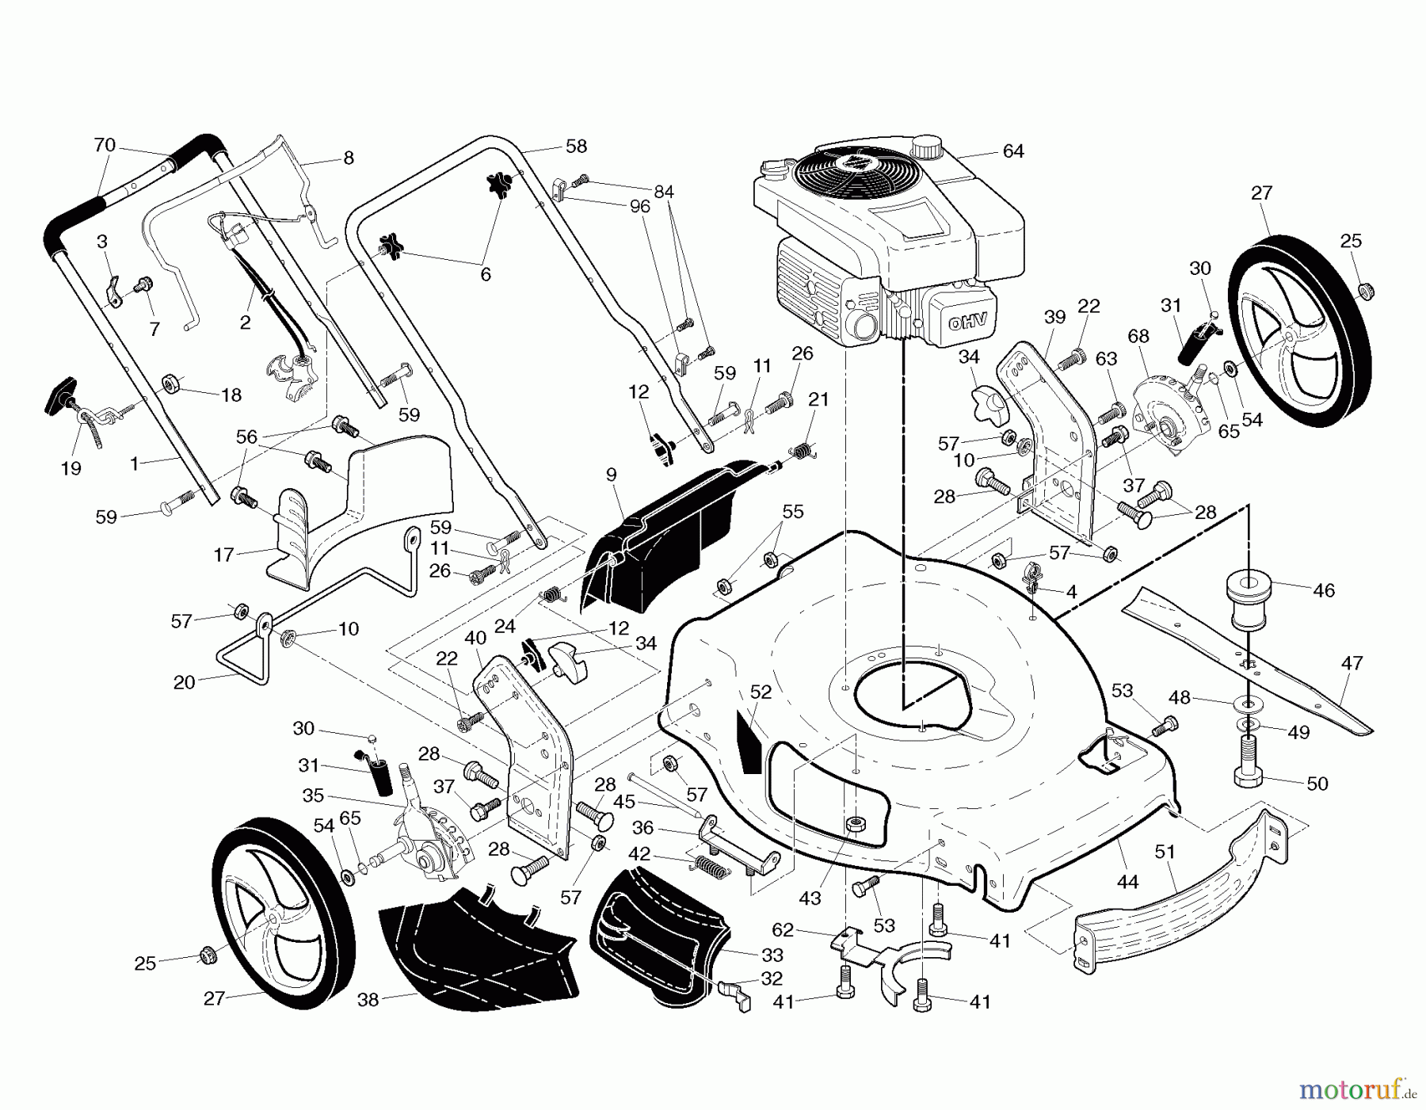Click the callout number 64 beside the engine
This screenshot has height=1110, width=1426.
(x=1013, y=151)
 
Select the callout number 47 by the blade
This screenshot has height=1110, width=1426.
(x=1352, y=663)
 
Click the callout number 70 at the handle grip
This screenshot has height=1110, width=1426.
(x=105, y=146)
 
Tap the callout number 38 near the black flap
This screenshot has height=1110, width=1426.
(x=368, y=1000)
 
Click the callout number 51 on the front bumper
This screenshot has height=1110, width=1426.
(x=1165, y=852)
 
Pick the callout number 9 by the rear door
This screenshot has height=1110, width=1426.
(x=610, y=475)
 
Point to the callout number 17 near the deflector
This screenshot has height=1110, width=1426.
(x=224, y=555)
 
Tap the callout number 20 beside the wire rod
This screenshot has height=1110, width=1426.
(x=184, y=682)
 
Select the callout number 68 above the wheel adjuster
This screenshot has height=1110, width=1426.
(x=1138, y=336)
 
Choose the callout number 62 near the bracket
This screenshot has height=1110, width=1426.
(x=783, y=930)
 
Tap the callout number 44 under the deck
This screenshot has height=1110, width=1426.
(x=1127, y=881)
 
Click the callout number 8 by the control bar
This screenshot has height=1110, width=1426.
(x=348, y=158)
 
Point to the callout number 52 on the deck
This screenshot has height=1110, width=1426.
(x=760, y=692)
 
